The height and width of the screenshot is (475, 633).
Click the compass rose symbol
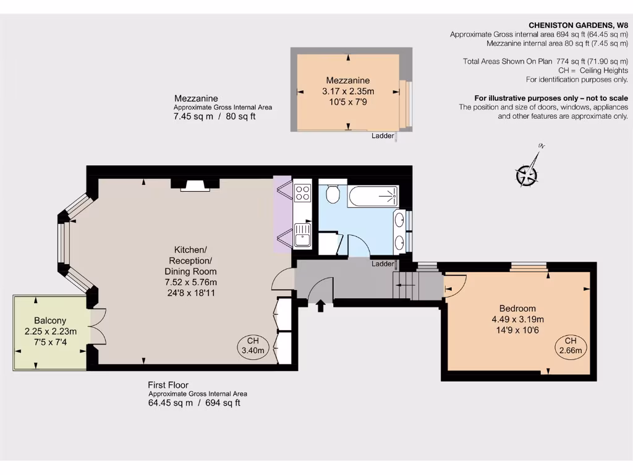click(x=527, y=174)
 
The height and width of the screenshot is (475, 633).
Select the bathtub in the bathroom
click(x=373, y=197)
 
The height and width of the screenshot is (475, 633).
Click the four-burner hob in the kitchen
click(x=303, y=192)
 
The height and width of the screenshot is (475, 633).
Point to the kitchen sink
click(x=303, y=234)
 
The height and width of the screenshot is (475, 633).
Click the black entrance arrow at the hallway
click(x=321, y=306)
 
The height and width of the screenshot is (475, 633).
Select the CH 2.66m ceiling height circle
click(x=570, y=346)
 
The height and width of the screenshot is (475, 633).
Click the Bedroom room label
click(x=517, y=309)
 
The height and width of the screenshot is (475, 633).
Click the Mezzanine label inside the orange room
click(x=348, y=80)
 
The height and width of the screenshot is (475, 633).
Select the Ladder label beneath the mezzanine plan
click(x=383, y=136)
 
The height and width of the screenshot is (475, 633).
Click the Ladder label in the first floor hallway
click(x=383, y=264)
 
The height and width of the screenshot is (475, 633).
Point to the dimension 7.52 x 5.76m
click(x=190, y=282)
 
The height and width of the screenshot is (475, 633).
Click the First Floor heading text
click(x=168, y=385)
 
